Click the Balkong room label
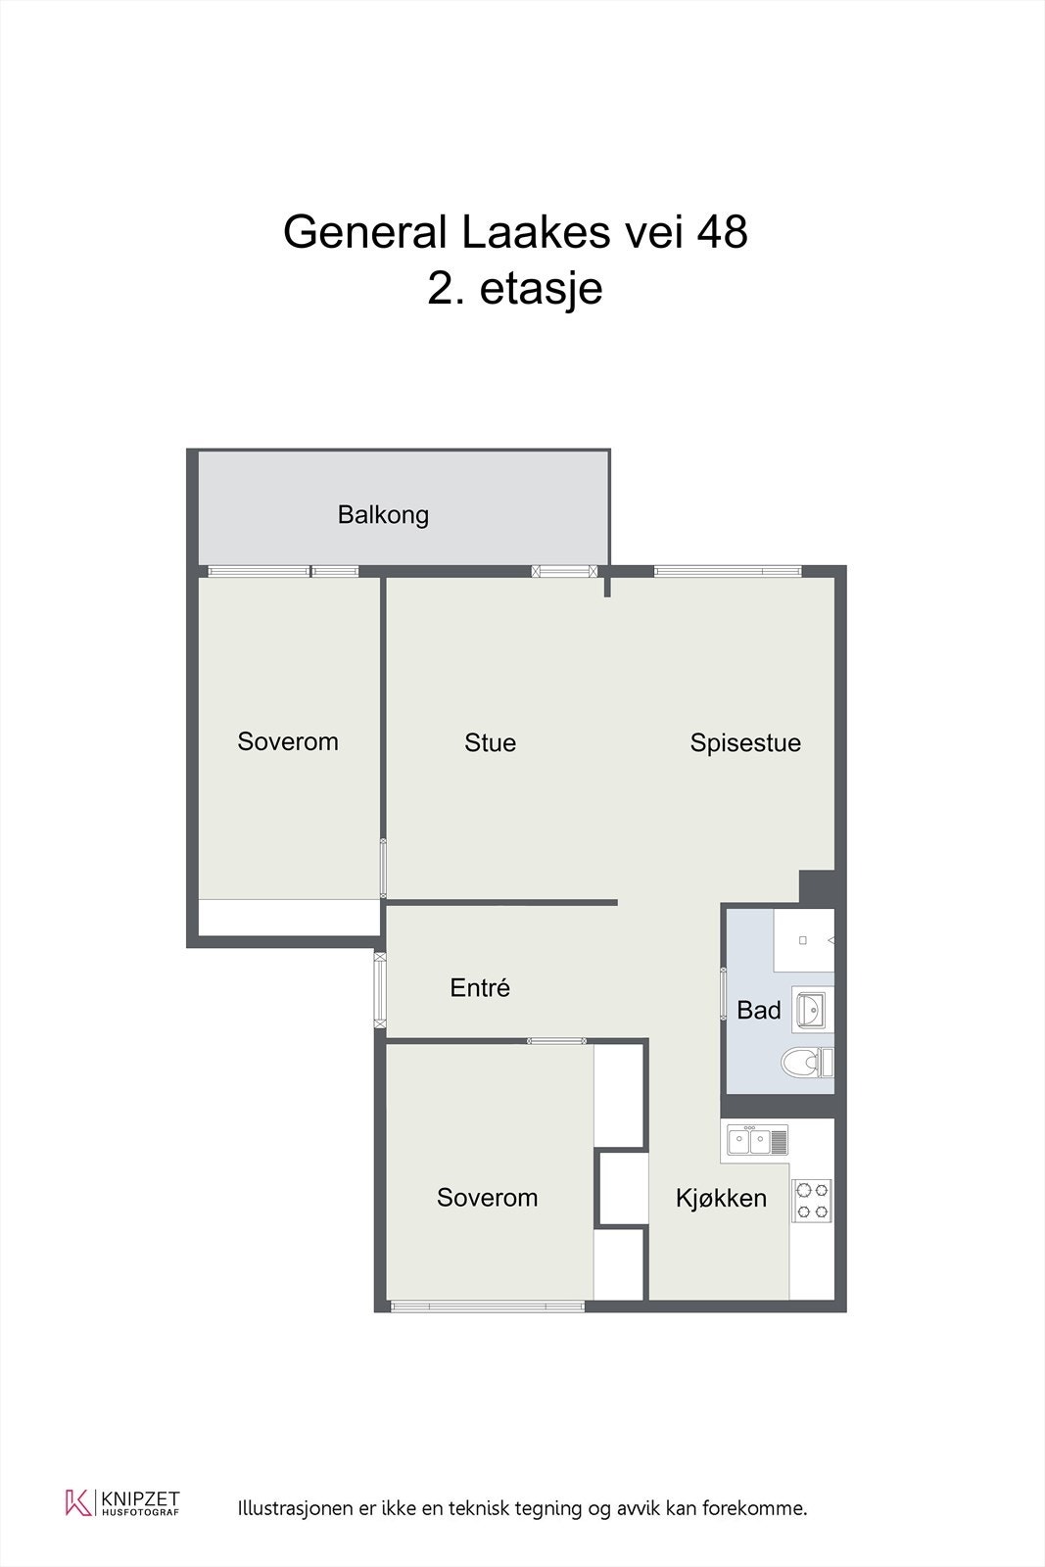click(383, 514)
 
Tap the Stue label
click(490, 742)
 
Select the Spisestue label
click(745, 742)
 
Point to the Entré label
click(480, 987)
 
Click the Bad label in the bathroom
click(759, 1010)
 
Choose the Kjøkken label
click(721, 1198)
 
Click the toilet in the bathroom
click(805, 1062)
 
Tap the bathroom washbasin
click(811, 1008)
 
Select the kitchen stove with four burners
click(812, 1201)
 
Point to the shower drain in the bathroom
click(803, 940)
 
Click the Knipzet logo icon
click(76, 1502)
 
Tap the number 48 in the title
click(722, 232)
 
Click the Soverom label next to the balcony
click(288, 741)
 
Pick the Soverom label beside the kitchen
click(487, 1197)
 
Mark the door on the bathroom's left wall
click(725, 995)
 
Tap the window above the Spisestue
click(728, 571)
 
